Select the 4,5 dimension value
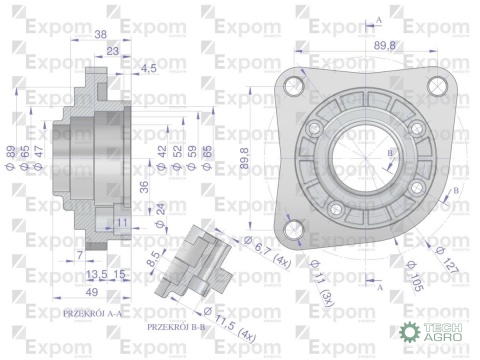coord(148,67)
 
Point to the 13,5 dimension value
coord(96,274)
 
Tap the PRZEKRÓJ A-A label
coord(92,313)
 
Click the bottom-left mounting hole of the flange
coord(293,231)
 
